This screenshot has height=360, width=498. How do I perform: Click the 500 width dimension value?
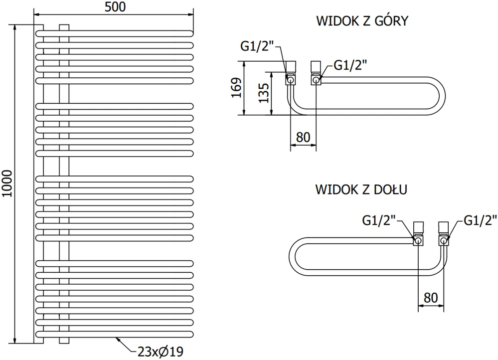pyautogui.click(x=115, y=6)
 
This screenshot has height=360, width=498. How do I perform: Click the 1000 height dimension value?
pyautogui.click(x=7, y=183)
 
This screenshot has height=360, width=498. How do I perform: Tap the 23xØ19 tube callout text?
pyautogui.click(x=161, y=352)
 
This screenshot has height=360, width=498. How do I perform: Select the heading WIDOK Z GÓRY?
pyautogui.click(x=362, y=21)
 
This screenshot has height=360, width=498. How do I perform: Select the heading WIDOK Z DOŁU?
pyautogui.click(x=361, y=189)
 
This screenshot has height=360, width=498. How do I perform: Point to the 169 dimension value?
pyautogui.click(x=237, y=87)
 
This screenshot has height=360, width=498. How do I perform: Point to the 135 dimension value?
pyautogui.click(x=264, y=93)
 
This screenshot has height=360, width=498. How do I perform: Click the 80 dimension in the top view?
pyautogui.click(x=303, y=137)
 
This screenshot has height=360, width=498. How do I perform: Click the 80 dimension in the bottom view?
pyautogui.click(x=431, y=298)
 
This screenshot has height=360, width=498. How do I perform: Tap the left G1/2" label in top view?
pyautogui.click(x=257, y=46)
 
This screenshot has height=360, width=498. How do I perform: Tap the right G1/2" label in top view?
pyautogui.click(x=350, y=65)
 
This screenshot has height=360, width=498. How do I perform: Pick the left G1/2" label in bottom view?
pyautogui.click(x=379, y=220)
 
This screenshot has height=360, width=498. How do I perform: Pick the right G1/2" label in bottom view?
pyautogui.click(x=480, y=220)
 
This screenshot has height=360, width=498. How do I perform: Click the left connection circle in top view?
pyautogui.click(x=291, y=79)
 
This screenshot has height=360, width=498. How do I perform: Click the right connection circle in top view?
pyautogui.click(x=316, y=79)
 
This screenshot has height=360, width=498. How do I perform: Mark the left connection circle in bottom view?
pyautogui.click(x=418, y=240)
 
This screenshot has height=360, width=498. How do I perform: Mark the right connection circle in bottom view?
pyautogui.click(x=444, y=240)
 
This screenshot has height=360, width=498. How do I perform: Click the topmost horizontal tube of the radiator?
pyautogui.click(x=114, y=33)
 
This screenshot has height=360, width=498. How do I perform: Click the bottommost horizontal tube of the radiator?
pyautogui.click(x=114, y=334)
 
